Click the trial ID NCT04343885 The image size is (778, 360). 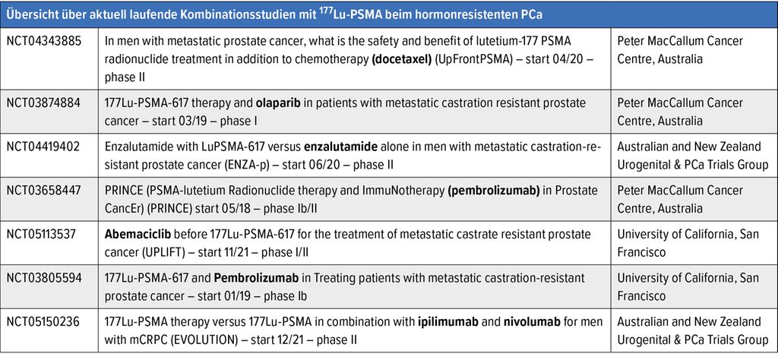(43, 41)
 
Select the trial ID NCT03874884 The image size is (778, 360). (43, 103)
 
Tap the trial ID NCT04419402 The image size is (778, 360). (43, 147)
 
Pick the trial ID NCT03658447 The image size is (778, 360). (43, 190)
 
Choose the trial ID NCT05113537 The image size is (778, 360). (43, 234)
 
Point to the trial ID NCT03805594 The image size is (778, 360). (43, 277)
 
